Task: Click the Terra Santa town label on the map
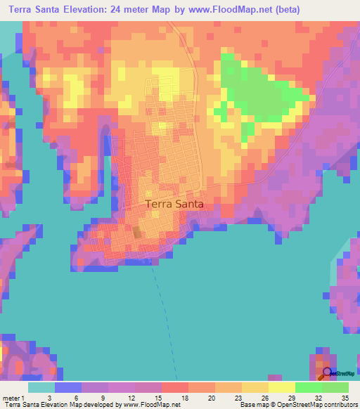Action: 174,204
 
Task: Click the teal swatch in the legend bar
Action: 41,387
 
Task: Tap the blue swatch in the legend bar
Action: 68,387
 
